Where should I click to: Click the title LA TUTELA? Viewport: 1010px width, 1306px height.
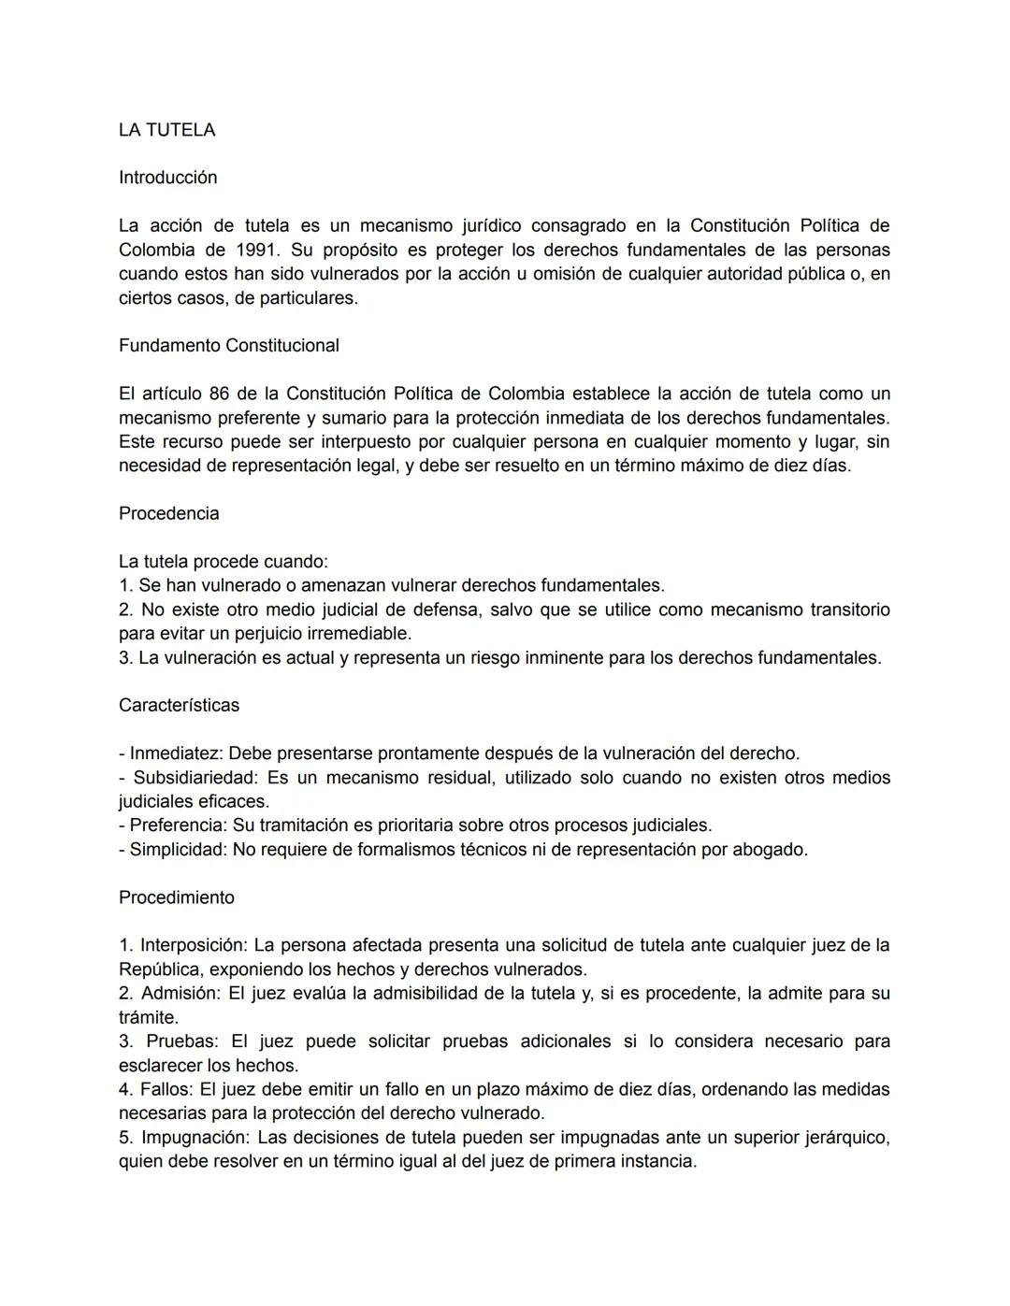coord(166,130)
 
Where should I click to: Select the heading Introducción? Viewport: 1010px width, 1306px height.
coord(167,178)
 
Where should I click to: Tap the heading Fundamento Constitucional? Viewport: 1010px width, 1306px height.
coord(228,346)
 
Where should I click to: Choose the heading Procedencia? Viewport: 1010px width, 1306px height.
coord(168,513)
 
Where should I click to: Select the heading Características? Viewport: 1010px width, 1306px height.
coord(179,706)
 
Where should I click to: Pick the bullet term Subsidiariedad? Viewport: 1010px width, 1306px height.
coord(195,778)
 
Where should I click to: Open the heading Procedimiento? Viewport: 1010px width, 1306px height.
coord(177,897)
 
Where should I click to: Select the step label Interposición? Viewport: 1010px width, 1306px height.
coord(193,945)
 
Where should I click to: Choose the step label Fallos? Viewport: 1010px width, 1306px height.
coord(166,1089)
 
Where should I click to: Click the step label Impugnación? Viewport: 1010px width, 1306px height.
coord(195,1138)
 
